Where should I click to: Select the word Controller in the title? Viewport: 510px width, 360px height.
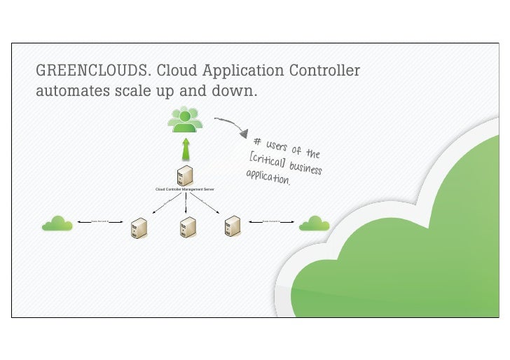[322, 71]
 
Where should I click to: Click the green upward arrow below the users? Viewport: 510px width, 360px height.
[186, 149]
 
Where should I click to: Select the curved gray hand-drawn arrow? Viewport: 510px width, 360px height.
[232, 125]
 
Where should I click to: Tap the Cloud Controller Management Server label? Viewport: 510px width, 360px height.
[185, 190]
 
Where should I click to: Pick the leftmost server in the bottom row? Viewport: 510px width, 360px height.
[139, 228]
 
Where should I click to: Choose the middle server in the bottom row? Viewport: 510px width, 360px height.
[187, 226]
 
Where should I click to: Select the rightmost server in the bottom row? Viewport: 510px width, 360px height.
[233, 226]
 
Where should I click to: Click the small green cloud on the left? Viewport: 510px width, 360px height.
[57, 223]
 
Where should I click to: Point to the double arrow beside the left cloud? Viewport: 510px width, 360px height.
[99, 221]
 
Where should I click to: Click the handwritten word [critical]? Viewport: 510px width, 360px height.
[266, 160]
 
